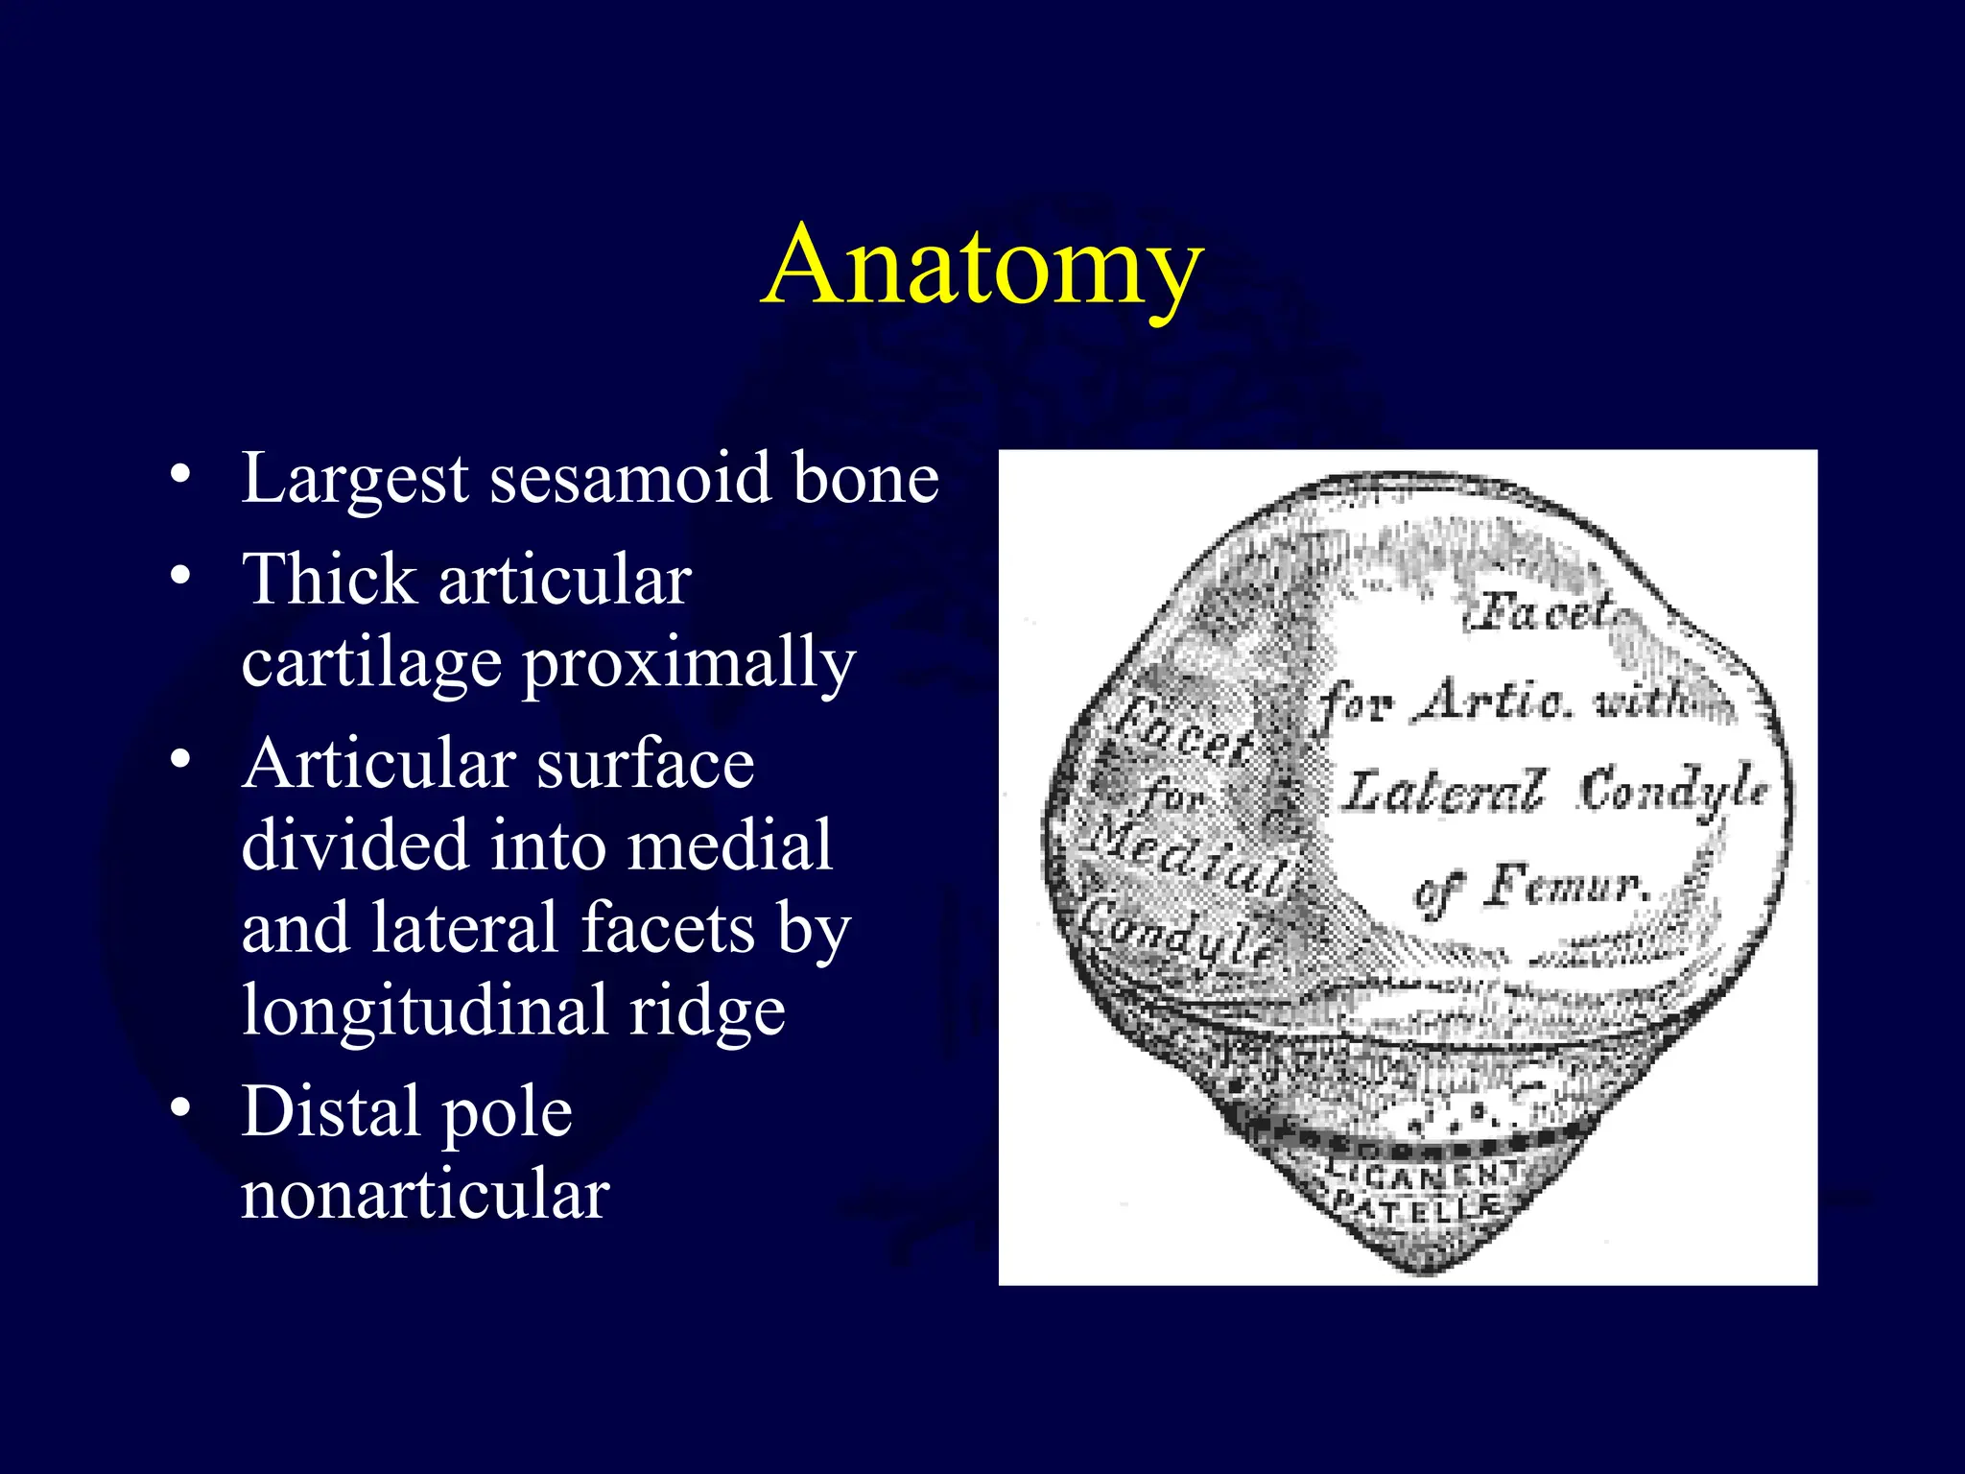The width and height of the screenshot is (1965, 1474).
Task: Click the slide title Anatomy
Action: tap(982, 265)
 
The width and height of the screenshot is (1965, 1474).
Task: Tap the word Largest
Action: tap(355, 480)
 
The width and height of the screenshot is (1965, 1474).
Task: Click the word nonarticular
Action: tap(425, 1195)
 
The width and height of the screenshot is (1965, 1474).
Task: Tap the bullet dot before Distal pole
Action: tap(179, 1108)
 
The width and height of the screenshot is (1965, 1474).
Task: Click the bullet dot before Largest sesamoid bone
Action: tap(179, 475)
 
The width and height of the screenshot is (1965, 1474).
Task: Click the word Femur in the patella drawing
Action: tap(1564, 885)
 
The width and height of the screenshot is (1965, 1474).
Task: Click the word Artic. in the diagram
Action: tap(1497, 701)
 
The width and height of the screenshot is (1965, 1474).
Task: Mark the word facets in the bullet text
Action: tap(668, 929)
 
